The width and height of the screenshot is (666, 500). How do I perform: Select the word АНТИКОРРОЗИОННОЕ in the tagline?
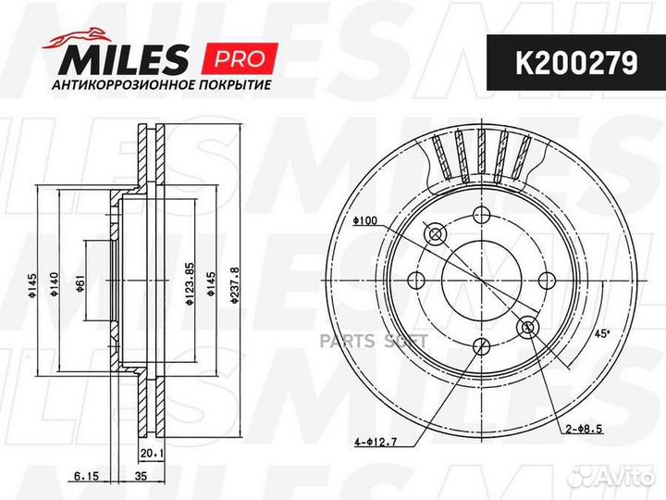coord(123,85)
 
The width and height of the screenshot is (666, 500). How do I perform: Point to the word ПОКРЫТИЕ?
coord(233,85)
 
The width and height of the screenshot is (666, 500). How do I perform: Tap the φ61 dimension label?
coord(80,287)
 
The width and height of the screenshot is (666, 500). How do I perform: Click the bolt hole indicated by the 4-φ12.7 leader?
coord(480,346)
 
